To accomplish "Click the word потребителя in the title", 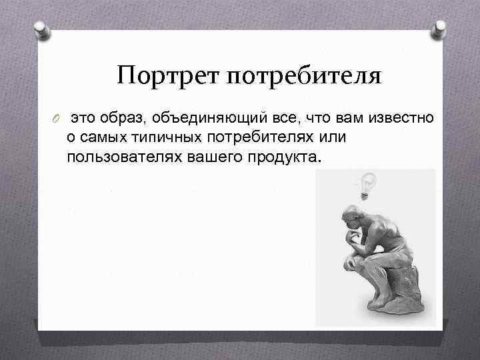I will [x=305, y=76].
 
